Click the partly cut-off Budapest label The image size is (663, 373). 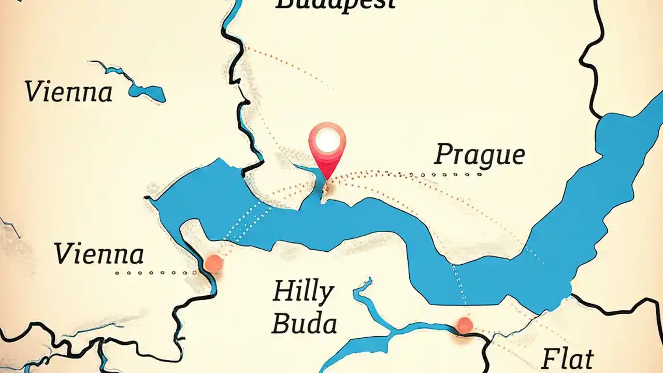(335, 4)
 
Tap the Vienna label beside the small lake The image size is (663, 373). (68, 92)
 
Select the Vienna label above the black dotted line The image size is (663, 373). (99, 254)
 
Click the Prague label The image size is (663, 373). (480, 154)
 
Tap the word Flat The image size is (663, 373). (568, 358)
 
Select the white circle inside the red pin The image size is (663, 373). (327, 140)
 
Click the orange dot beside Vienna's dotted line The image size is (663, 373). (213, 264)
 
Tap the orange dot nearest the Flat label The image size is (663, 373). (465, 325)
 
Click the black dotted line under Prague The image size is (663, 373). (445, 175)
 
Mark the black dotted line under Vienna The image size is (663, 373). (155, 272)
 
